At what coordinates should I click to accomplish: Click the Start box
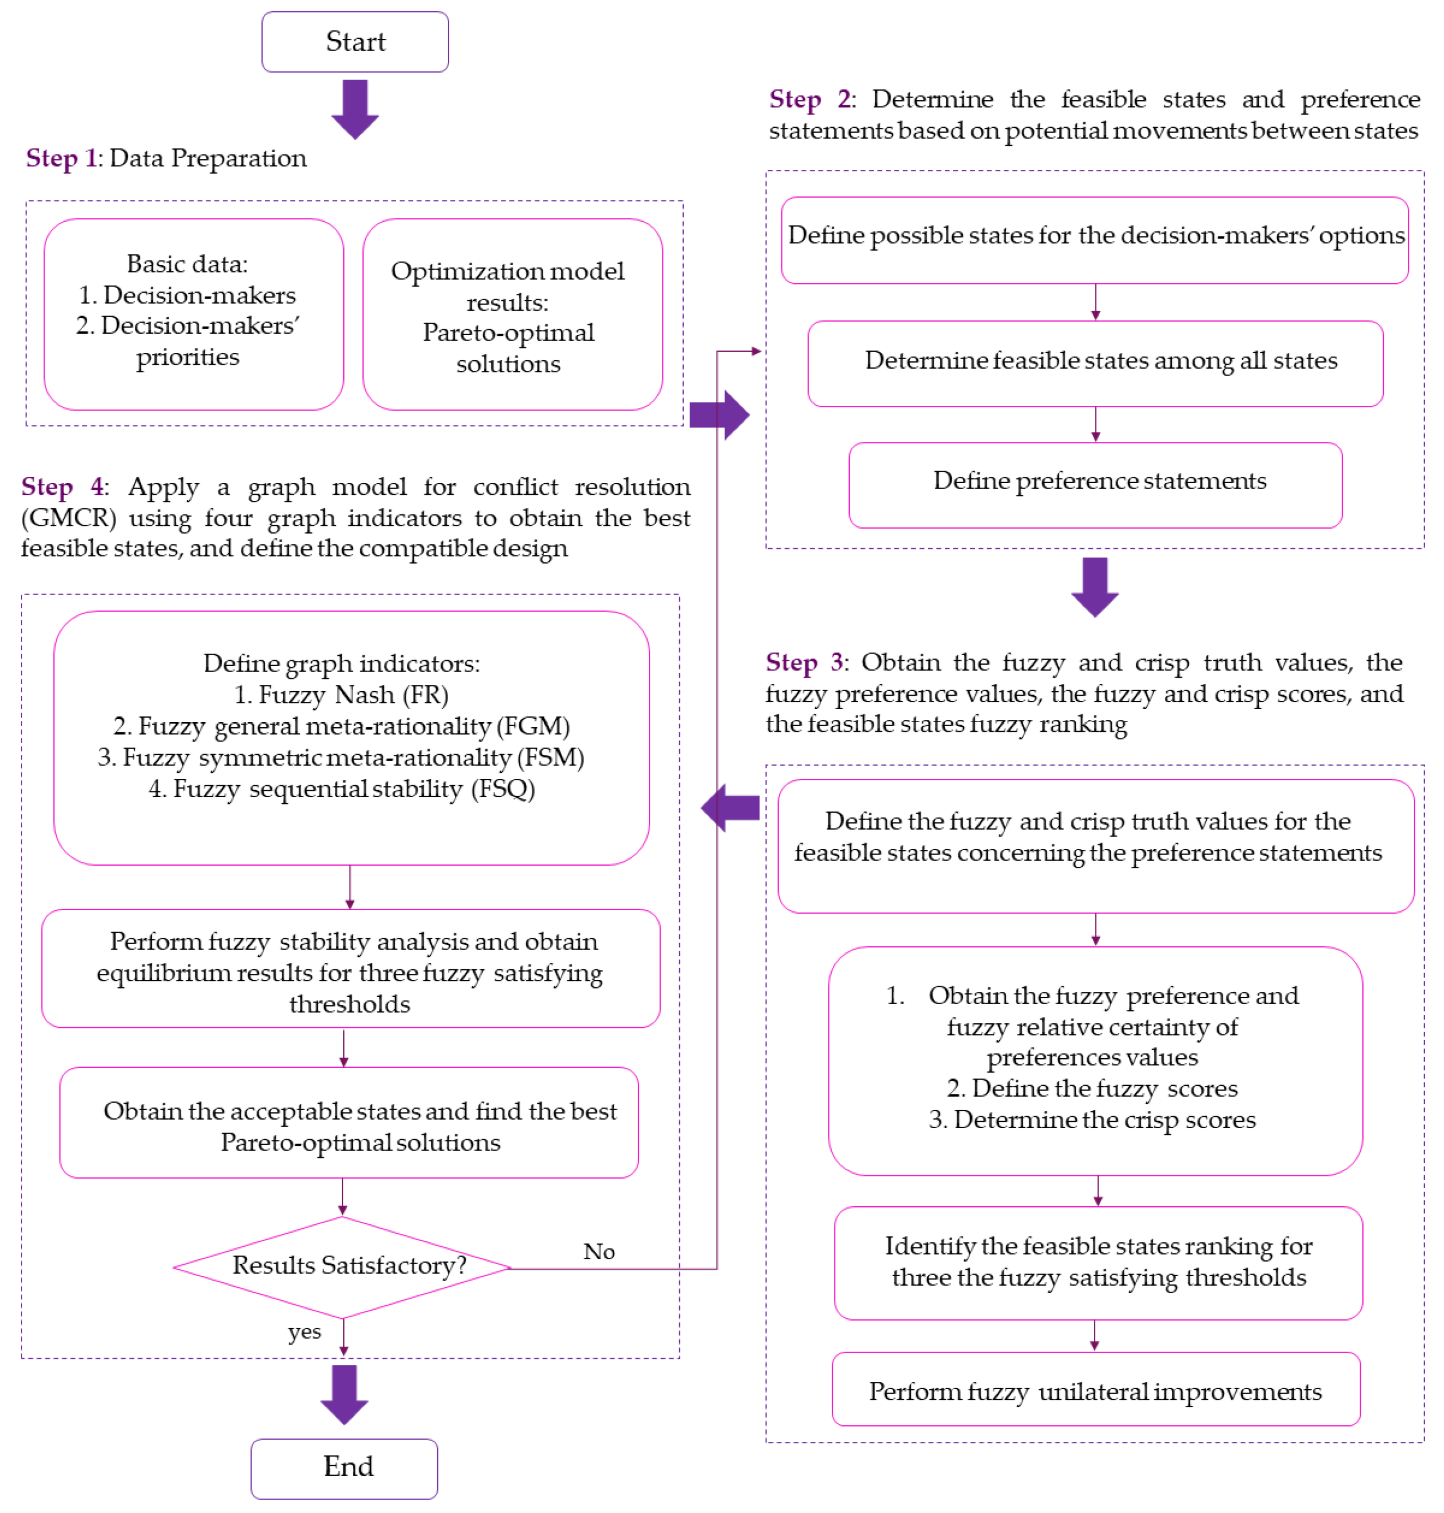pos(355,42)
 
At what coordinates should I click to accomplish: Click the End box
pos(344,1467)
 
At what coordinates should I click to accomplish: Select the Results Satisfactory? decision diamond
pos(343,1266)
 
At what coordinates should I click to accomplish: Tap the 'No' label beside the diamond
pos(599,1251)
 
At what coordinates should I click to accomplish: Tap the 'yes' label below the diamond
pos(305,1331)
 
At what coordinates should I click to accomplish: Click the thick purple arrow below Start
pos(355,109)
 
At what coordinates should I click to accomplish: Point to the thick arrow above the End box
pos(344,1394)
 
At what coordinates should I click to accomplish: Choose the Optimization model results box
pos(512,314)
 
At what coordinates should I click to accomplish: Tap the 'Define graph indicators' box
pos(351,737)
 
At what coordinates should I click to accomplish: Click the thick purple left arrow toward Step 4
pos(730,808)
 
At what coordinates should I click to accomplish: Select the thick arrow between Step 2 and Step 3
pos(1095,586)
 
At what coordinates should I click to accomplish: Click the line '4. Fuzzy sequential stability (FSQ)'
pos(342,789)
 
